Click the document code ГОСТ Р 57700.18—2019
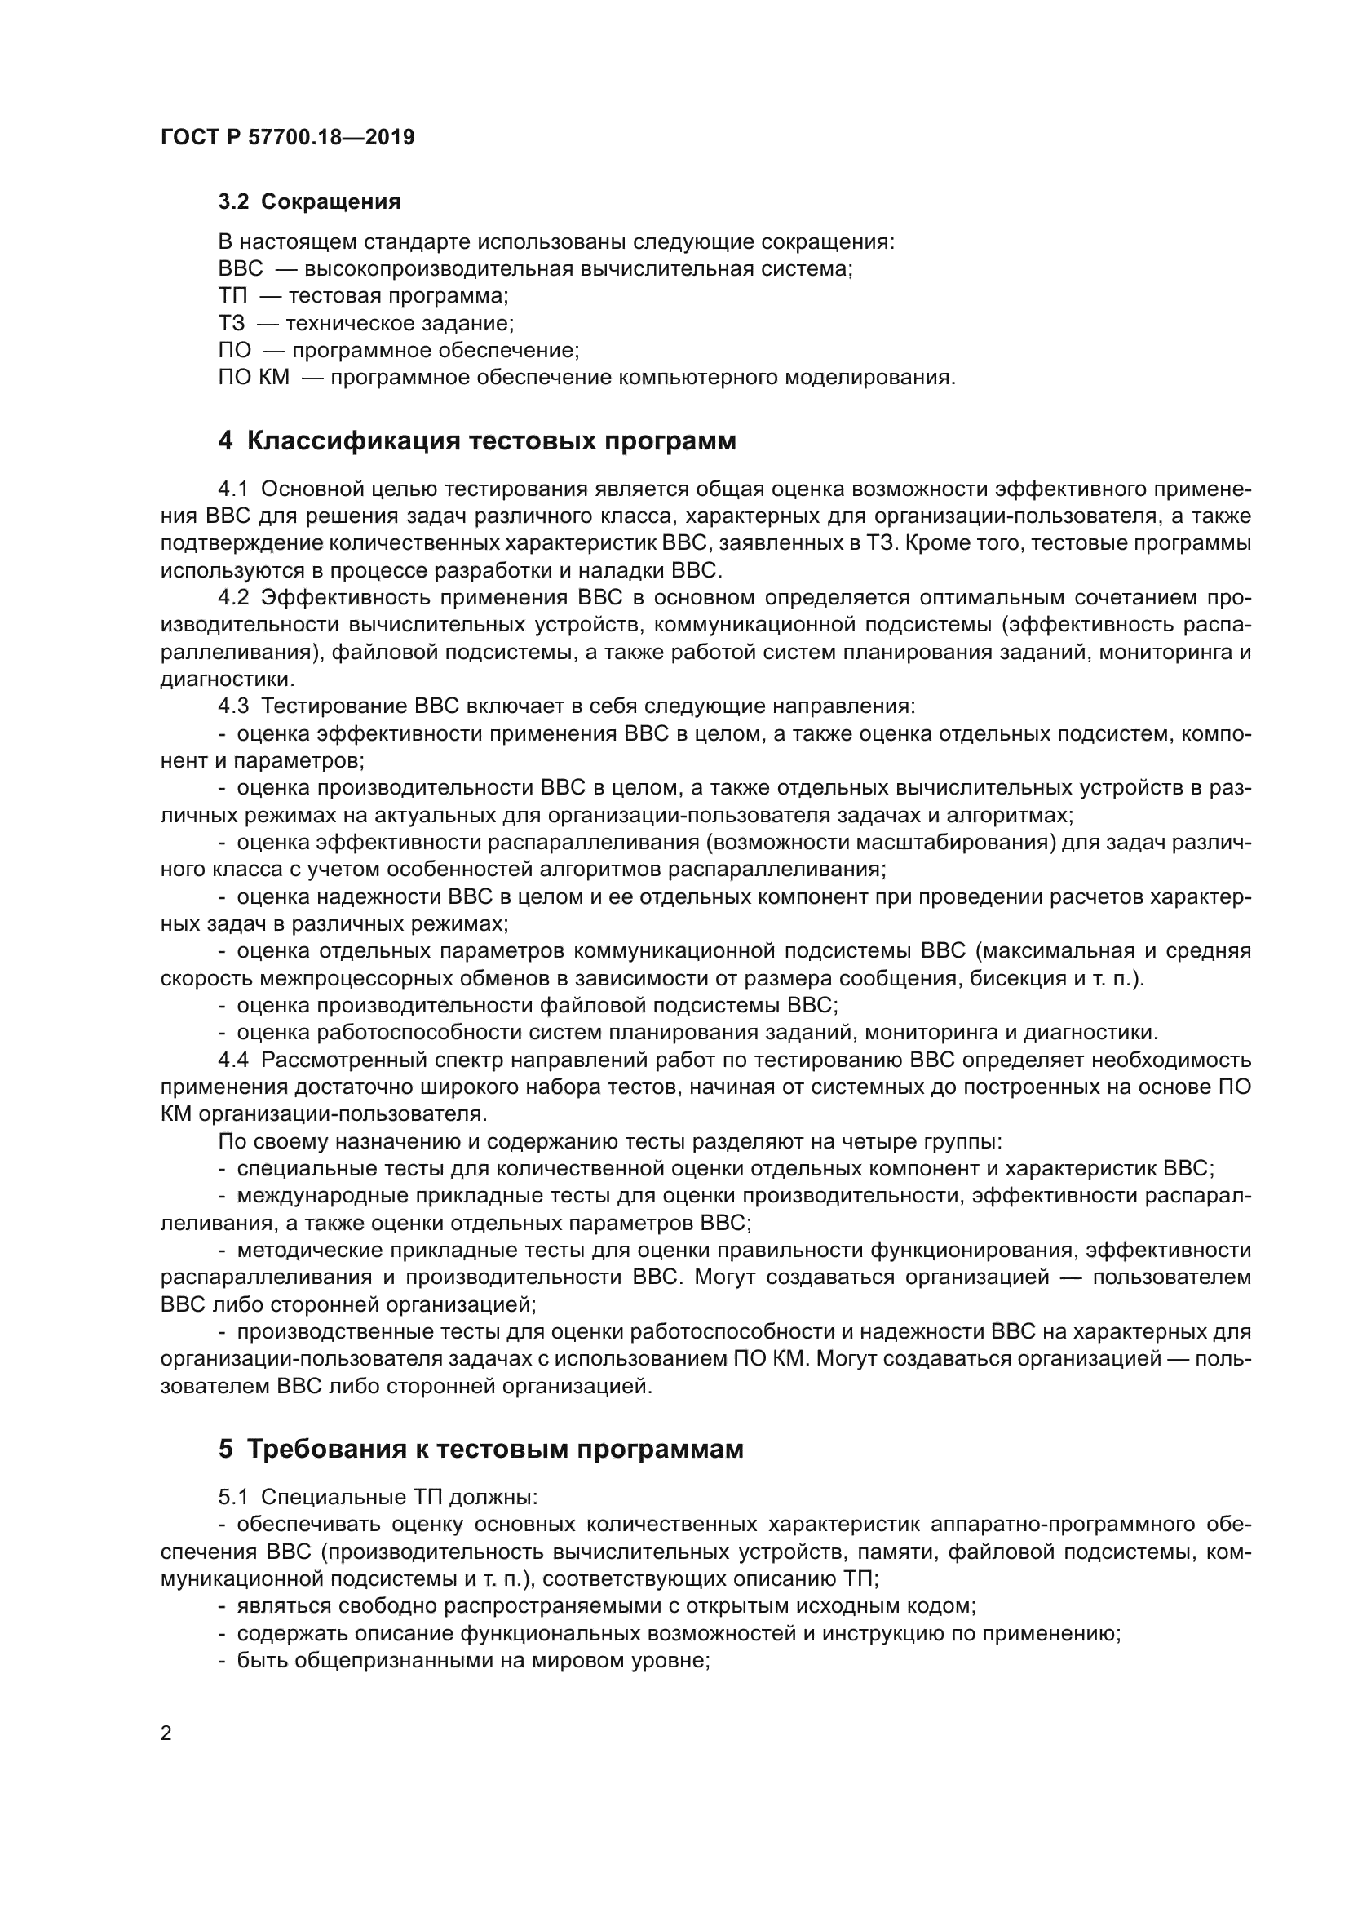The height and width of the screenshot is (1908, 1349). [287, 137]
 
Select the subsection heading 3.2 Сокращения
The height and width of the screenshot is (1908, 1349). [309, 201]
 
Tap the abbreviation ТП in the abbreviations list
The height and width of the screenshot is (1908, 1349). [232, 296]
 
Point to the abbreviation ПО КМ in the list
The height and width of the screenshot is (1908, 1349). [254, 378]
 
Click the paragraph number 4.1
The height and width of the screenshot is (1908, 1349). [232, 489]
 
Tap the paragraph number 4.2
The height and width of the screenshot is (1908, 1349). [232, 597]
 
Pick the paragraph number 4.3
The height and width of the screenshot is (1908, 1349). [232, 706]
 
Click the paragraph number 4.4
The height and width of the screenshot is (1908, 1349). [232, 1060]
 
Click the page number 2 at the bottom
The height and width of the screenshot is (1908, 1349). [166, 1733]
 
